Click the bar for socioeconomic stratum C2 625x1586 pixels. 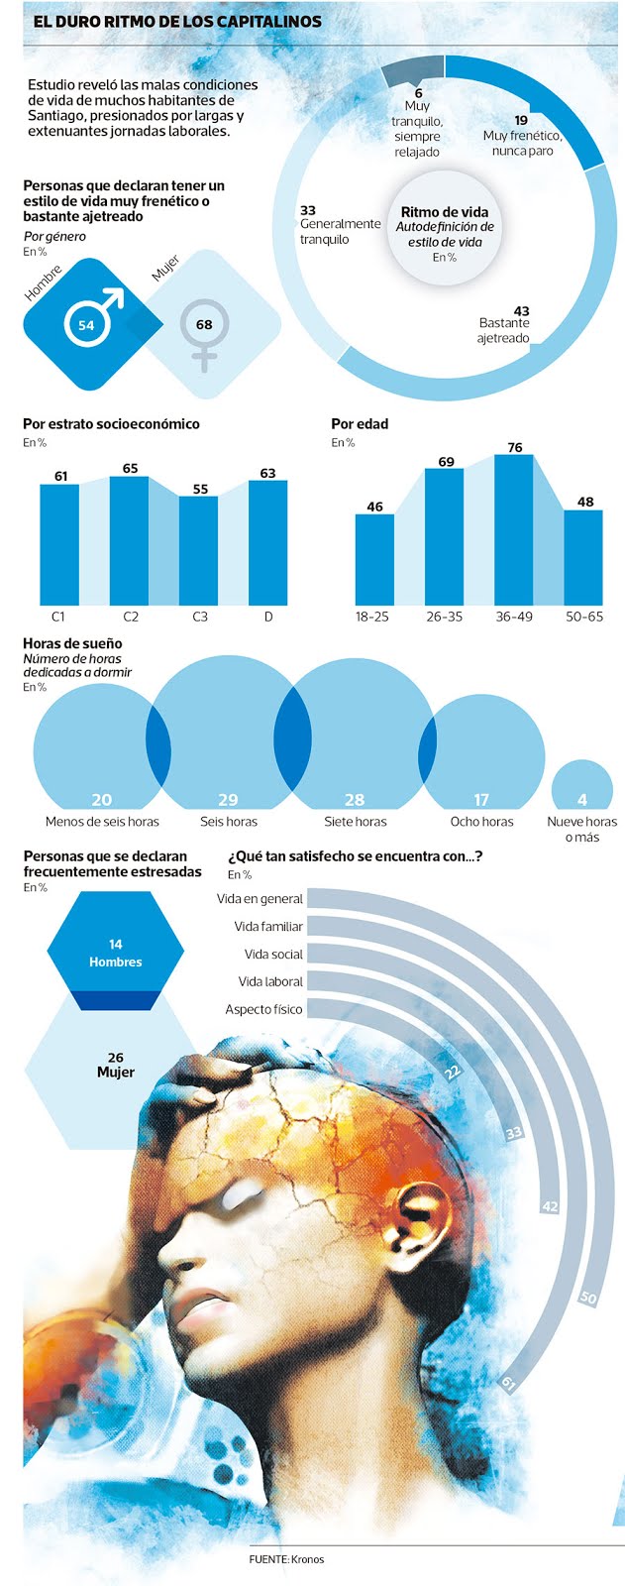coord(130,540)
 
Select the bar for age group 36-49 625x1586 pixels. coord(514,530)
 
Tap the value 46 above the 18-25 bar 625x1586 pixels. coord(374,507)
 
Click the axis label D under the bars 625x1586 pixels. coord(267,617)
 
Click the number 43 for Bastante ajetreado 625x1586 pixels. coord(521,310)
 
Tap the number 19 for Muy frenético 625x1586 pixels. coord(521,121)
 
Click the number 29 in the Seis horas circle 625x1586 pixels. coord(228,799)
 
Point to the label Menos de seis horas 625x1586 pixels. coord(102,822)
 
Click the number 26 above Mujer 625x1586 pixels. coord(116,1058)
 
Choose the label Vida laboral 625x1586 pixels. coord(270,981)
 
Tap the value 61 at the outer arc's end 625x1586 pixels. coord(509,1383)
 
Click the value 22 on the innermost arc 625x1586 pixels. coord(454,1071)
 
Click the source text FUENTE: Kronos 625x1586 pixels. coord(286,1559)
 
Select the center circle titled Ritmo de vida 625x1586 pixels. coord(444,234)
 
